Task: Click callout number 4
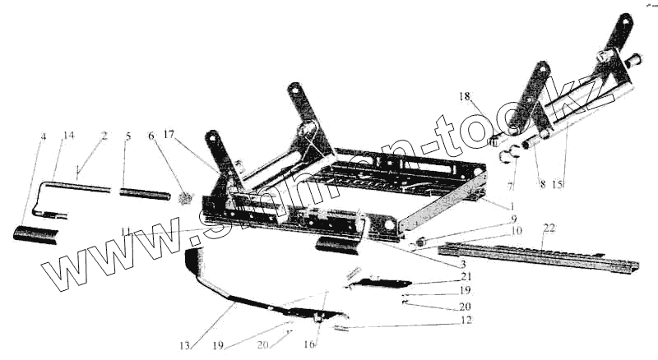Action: [44, 136]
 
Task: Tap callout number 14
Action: [68, 135]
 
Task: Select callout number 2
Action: [104, 135]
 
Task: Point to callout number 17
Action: [169, 133]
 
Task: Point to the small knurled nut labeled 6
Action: [185, 197]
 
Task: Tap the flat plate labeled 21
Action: [378, 282]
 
